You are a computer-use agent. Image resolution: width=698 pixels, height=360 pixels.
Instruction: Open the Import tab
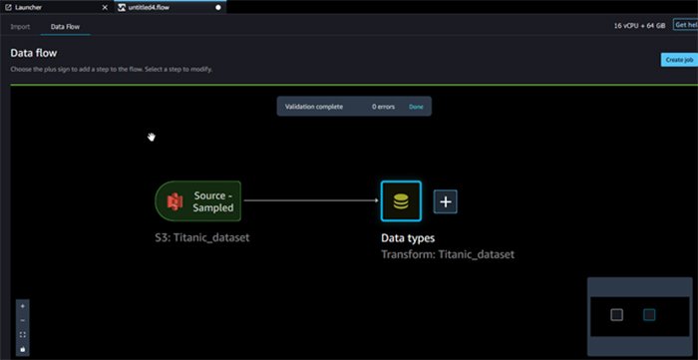[x=20, y=27]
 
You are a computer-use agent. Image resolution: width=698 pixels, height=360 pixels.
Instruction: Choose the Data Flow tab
[x=66, y=27]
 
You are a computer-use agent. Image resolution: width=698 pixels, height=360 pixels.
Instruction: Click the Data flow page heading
[x=36, y=52]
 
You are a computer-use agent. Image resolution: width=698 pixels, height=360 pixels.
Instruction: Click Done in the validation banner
[x=416, y=106]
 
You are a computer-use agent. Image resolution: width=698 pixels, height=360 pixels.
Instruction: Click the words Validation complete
[x=313, y=106]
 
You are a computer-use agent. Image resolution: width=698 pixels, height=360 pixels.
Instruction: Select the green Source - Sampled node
[x=198, y=201]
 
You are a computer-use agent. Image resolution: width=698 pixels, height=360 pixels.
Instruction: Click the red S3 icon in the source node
[x=176, y=202]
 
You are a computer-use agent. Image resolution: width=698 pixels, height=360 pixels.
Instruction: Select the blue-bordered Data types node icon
[x=401, y=201]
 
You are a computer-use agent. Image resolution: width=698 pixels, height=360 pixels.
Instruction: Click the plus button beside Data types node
[x=446, y=201]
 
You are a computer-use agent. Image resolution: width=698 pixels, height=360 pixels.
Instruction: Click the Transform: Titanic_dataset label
[x=448, y=254]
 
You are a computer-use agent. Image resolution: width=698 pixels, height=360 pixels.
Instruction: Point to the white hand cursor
[x=152, y=137]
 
